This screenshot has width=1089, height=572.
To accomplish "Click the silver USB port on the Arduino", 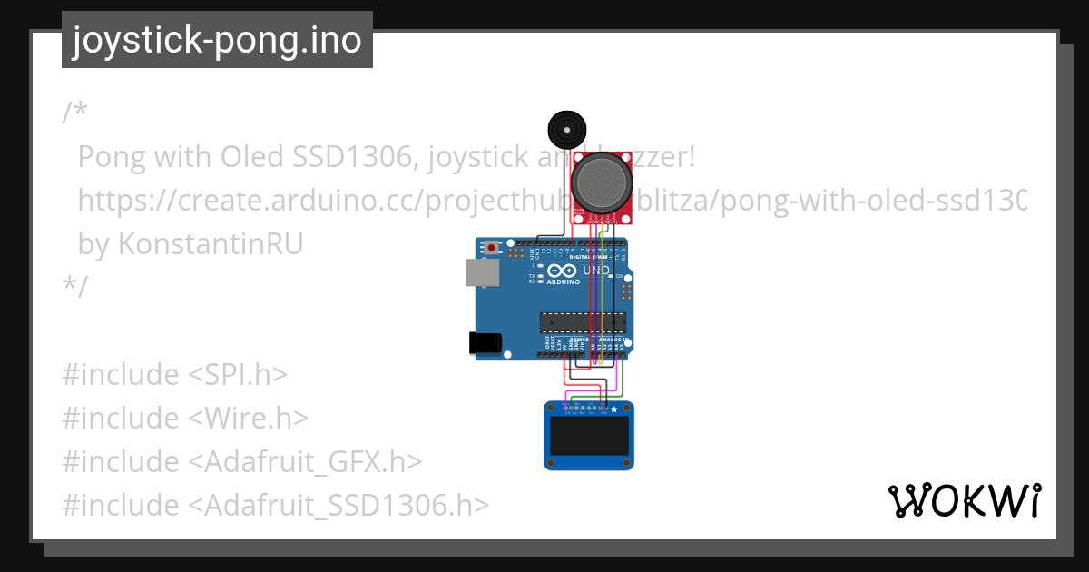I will pos(481,272).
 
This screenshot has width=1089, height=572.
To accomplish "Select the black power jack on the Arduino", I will pos(483,342).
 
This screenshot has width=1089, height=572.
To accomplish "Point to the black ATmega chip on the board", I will pos(583,321).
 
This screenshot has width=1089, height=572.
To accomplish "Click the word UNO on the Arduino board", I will pos(595,271).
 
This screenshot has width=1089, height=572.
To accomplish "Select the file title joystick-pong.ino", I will pos(217,40).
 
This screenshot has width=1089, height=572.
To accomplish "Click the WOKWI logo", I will pos(964,500).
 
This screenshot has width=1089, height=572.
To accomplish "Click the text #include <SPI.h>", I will pos(175,374).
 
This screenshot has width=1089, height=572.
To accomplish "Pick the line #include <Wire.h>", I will pos(185,418).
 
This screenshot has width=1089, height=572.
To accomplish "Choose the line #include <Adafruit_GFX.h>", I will pos(242,461).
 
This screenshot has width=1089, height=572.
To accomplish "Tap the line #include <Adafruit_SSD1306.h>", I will pos(276,505).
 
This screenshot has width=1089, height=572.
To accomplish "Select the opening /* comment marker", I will pos(75,113).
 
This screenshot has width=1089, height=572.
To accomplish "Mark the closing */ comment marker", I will pos(75,287).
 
